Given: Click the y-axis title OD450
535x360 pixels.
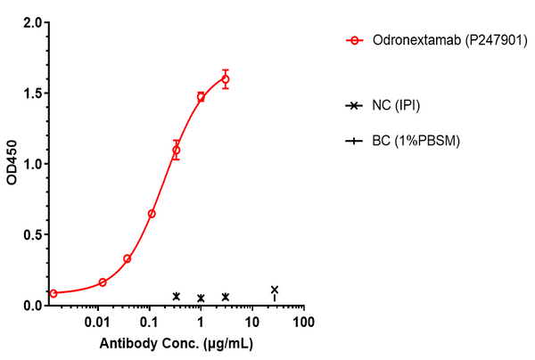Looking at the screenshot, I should click(12, 164).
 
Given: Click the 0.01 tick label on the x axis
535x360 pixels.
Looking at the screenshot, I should click(98, 322).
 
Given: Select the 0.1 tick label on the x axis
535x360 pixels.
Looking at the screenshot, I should click(150, 322).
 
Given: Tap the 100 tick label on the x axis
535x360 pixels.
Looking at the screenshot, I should click(304, 322).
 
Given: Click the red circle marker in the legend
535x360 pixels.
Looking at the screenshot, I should click(355, 40).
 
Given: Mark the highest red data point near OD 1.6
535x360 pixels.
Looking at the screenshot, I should click(226, 78).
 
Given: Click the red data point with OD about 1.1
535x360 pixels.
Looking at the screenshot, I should click(177, 150).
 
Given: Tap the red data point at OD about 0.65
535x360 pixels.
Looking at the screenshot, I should click(152, 214).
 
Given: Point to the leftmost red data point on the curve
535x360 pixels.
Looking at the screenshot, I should click(53, 293).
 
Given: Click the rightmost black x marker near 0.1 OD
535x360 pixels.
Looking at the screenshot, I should click(275, 290).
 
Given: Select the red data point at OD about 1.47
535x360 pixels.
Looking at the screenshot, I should click(201, 96).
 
